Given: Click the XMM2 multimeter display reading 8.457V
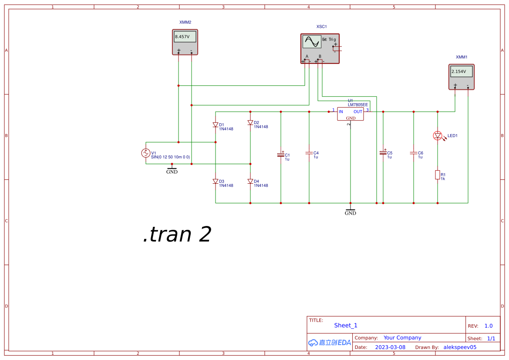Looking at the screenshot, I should pyautogui.click(x=185, y=37).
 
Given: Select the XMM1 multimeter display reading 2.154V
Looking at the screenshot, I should pyautogui.click(x=461, y=71).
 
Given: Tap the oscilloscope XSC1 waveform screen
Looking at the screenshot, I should pyautogui.click(x=312, y=42).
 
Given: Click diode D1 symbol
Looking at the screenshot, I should pyautogui.click(x=216, y=125).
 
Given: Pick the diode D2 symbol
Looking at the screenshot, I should pyautogui.click(x=250, y=123).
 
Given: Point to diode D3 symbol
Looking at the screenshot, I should pyautogui.click(x=216, y=182).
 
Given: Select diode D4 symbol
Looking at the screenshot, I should pyautogui.click(x=250, y=182).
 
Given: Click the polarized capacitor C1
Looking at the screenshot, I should pyautogui.click(x=281, y=155).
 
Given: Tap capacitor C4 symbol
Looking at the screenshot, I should pyautogui.click(x=309, y=153).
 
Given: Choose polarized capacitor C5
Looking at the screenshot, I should pyautogui.click(x=383, y=152).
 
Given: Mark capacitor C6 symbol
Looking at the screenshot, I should pyautogui.click(x=414, y=153).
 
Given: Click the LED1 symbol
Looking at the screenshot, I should pyautogui.click(x=438, y=136).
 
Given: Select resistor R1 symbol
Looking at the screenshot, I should pyautogui.click(x=438, y=175).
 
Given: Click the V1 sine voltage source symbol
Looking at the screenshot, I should pyautogui.click(x=145, y=153).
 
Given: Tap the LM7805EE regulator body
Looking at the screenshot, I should pyautogui.click(x=351, y=114).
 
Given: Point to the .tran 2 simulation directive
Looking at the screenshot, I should pyautogui.click(x=177, y=235).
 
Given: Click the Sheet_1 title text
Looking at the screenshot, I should pyautogui.click(x=346, y=326).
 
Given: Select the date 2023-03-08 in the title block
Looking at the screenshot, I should pyautogui.click(x=390, y=347).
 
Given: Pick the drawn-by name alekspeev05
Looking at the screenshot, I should pyautogui.click(x=460, y=347).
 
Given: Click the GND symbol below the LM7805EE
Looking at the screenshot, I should pyautogui.click(x=351, y=212).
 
